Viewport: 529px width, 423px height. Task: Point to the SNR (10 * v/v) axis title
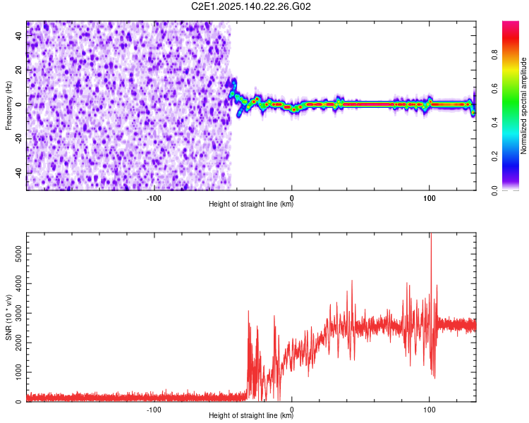tap(8, 317)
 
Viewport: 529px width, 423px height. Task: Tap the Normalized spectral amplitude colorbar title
tap(524, 106)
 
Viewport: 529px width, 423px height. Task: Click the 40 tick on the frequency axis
tap(19, 36)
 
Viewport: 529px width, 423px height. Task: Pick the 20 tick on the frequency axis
tap(19, 70)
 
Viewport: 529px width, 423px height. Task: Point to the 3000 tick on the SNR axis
tap(15, 312)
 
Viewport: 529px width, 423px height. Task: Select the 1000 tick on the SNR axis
tap(15, 372)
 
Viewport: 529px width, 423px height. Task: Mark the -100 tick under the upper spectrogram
tap(154, 198)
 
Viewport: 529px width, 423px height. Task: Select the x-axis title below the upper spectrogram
tap(251, 204)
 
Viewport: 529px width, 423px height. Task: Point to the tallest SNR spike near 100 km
tap(430, 237)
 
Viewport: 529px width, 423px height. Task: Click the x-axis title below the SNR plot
tap(251, 416)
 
